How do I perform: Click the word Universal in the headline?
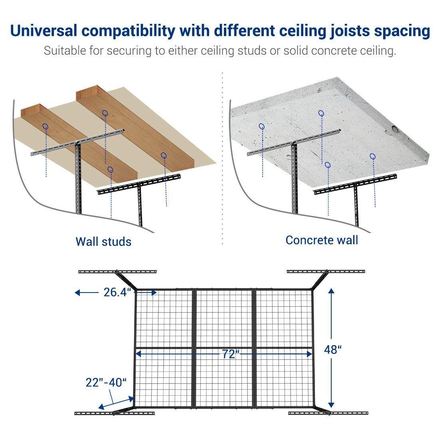44,30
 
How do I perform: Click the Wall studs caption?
104,241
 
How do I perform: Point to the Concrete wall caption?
322,240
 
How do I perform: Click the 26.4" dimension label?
117,292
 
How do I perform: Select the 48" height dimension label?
332,350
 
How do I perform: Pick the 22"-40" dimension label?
106,382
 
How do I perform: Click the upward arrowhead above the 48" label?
331,291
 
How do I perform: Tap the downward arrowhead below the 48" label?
331,405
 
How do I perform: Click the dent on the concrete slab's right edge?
394,129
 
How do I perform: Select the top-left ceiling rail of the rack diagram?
118,271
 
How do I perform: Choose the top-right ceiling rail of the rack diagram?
326,271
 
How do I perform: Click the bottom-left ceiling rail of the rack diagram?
115,413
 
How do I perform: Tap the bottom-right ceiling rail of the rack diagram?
328,413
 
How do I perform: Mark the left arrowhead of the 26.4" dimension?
77,293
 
